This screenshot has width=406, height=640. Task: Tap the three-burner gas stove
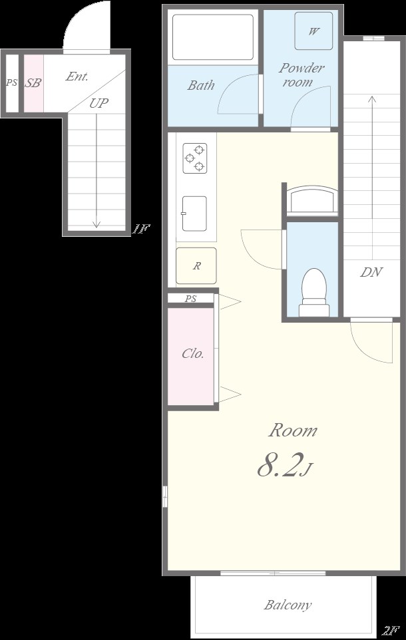pos(195,158)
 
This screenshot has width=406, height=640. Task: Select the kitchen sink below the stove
pos(194,214)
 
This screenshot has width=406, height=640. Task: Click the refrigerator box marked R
pos(196,265)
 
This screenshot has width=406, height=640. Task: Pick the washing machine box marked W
pos(313,31)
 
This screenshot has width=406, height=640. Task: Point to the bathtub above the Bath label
pos(213,37)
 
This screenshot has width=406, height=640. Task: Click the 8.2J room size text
pos(285,465)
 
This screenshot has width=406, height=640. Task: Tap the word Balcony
pos(288,605)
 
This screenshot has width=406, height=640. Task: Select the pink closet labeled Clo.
pos(191,357)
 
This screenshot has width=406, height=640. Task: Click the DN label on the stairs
pos(371,272)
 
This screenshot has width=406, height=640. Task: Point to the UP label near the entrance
pos(99,103)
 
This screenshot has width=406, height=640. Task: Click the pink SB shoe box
pos(33,83)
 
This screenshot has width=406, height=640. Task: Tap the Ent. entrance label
pos(77,77)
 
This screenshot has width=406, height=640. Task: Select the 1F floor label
pos(140,229)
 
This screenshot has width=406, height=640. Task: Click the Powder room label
pos(302,75)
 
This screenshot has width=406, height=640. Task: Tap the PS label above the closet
pos(190,299)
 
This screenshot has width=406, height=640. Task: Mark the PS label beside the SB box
pos(11,83)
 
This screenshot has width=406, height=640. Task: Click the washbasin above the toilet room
pos(312,200)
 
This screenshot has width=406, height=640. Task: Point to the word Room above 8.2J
pos(292,430)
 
